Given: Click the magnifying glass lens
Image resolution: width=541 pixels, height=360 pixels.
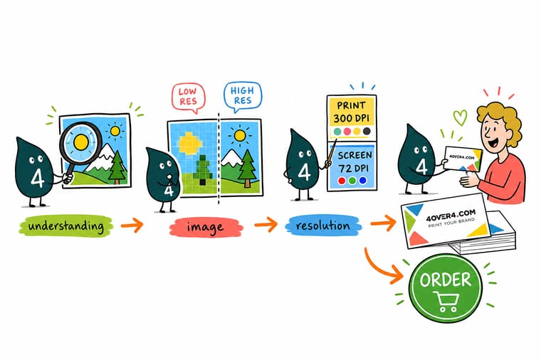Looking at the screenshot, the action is click(x=81, y=142).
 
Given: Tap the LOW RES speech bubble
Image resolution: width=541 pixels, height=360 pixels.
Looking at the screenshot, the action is click(x=189, y=97).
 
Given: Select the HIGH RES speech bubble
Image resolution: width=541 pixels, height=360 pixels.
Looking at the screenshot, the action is click(x=242, y=96).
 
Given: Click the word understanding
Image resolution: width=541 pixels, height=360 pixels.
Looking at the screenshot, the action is click(x=66, y=226).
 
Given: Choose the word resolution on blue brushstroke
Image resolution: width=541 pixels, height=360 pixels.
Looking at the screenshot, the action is click(x=323, y=226).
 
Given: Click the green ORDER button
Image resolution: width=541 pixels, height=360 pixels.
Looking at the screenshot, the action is click(x=445, y=288).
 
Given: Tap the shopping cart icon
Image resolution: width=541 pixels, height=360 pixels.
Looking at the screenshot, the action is click(x=446, y=302).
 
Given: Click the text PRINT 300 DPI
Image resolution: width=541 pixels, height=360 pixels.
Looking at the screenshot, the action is click(x=351, y=112).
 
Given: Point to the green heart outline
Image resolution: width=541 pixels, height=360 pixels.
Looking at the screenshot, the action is click(x=460, y=117).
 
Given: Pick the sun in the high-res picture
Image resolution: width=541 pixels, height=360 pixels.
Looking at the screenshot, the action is click(x=239, y=135).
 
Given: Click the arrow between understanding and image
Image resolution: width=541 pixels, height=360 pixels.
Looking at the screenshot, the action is click(x=132, y=226).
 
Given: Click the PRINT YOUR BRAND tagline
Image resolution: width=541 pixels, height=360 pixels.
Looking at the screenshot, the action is click(x=451, y=223).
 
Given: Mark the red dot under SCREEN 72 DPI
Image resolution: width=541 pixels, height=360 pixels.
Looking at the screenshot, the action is click(x=342, y=181).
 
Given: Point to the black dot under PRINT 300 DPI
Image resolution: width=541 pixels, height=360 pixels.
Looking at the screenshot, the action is click(x=367, y=131).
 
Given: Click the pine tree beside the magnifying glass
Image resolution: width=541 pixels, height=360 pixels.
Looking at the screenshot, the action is click(x=117, y=167).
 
